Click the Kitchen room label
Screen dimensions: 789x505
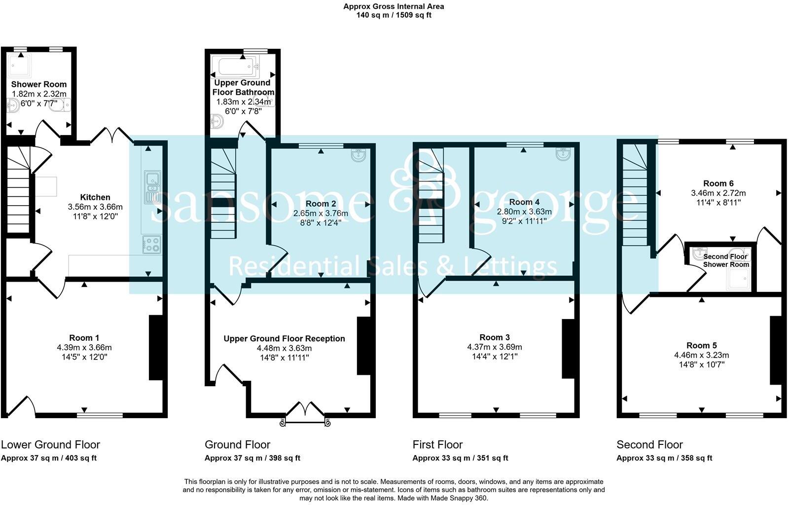point(95,197)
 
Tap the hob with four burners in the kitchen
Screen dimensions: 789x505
point(152,245)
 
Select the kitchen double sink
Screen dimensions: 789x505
point(152,187)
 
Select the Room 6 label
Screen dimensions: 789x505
point(718,183)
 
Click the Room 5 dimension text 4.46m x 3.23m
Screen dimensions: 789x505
point(702,355)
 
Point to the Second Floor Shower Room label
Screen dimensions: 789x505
point(725,260)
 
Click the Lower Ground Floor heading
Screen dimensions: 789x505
point(50,444)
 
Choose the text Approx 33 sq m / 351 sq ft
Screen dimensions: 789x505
point(460,458)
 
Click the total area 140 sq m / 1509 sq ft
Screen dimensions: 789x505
point(394,15)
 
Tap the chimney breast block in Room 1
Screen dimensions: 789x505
point(156,348)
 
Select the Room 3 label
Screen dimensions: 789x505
point(495,337)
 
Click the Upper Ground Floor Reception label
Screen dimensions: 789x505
point(284,338)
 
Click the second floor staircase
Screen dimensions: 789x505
point(635,196)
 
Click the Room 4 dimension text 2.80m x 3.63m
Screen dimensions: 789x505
point(524,212)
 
